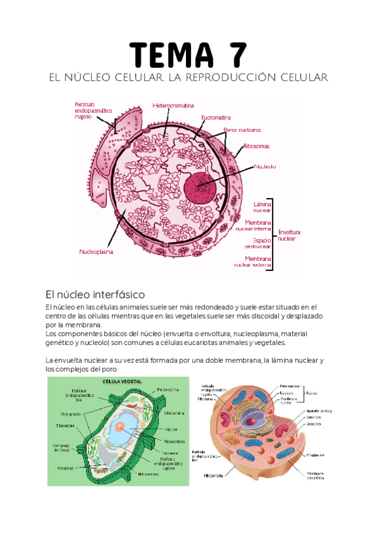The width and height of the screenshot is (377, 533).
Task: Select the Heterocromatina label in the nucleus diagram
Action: [173, 105]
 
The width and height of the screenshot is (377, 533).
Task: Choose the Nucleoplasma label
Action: [96, 252]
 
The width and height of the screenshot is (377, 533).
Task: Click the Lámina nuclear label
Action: [262, 207]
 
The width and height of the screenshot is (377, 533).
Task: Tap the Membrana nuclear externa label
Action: [257, 261]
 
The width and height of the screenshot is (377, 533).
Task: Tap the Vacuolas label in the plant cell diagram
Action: [65, 468]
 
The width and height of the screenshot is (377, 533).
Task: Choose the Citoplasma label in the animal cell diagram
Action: [315, 454]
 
